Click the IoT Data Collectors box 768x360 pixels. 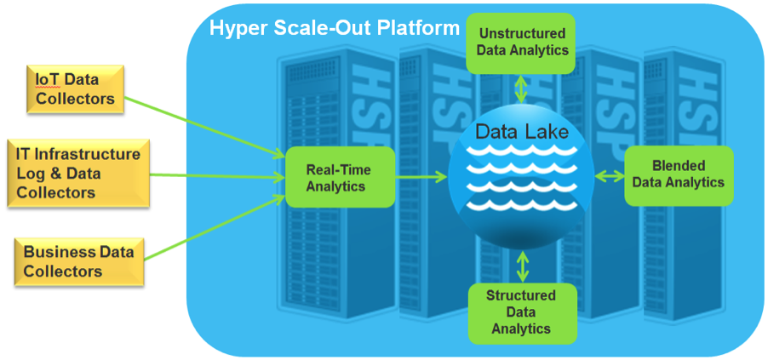point(75,90)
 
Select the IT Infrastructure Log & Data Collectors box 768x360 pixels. point(78,174)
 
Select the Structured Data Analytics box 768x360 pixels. point(521,311)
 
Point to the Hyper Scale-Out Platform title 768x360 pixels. point(335,27)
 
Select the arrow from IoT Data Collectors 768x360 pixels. point(204,128)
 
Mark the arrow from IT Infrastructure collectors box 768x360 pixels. point(217,176)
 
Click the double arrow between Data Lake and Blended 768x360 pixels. point(609,175)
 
